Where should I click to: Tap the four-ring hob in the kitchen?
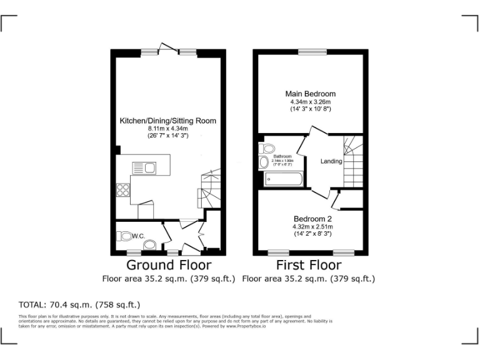pyautogui.click(x=122, y=190)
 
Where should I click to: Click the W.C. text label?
pyautogui.click(x=139, y=236)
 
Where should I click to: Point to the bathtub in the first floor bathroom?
pyautogui.click(x=283, y=179)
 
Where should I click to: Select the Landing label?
pyautogui.click(x=331, y=161)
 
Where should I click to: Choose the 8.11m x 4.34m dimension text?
pyautogui.click(x=167, y=127)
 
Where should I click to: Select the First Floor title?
pyautogui.click(x=308, y=266)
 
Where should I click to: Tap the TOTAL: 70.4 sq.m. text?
pyautogui.click(x=79, y=305)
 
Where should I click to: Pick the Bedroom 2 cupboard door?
pyautogui.click(x=336, y=201)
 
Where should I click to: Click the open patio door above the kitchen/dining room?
pyautogui.click(x=167, y=47)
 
